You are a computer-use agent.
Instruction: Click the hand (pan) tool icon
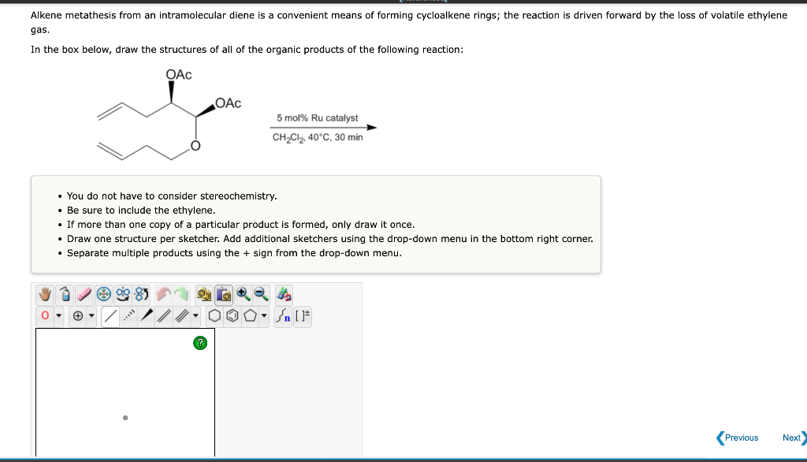coord(46,294)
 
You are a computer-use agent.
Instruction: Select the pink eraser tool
coord(84,294)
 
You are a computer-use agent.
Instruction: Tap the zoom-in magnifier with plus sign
coord(244,294)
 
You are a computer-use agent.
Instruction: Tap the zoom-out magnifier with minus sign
coord(261,294)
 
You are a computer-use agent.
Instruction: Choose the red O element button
coord(46,316)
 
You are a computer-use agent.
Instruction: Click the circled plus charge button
coord(80,316)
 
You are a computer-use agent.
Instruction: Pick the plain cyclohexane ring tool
coord(214,316)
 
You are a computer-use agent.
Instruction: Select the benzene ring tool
coord(232,316)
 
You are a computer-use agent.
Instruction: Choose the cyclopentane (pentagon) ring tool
coord(250,316)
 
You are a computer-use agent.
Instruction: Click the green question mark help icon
coord(201,342)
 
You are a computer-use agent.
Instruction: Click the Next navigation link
coord(792,438)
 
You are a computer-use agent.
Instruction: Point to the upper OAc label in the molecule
coord(179,74)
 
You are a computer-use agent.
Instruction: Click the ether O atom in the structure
coord(194,147)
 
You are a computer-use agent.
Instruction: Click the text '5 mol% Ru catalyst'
coord(317,117)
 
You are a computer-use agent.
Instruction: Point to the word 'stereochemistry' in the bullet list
coord(240,196)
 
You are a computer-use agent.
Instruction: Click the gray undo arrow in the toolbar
coord(163,294)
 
